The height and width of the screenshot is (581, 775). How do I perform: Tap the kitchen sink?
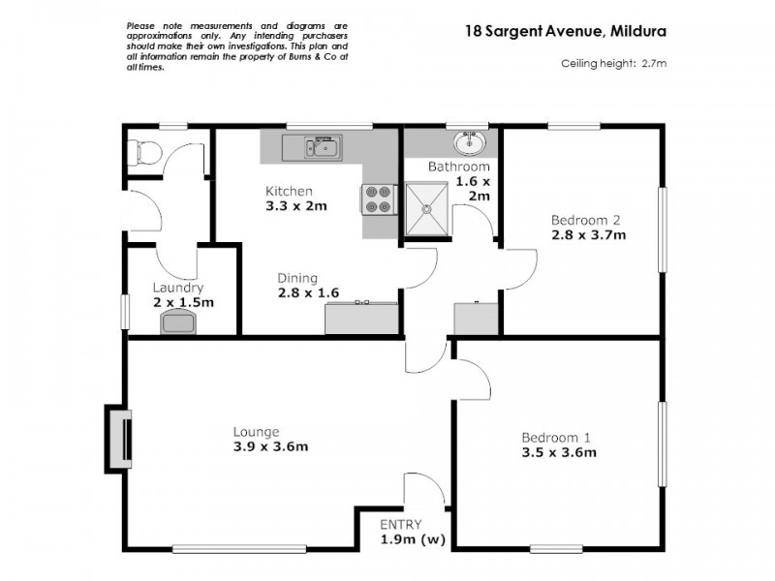pyautogui.click(x=321, y=147)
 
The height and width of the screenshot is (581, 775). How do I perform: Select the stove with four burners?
pyautogui.click(x=377, y=199)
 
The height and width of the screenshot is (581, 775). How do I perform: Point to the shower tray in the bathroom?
pyautogui.click(x=427, y=207)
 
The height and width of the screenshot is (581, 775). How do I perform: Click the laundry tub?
pyautogui.click(x=178, y=322)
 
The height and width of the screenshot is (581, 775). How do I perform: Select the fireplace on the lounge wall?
pyautogui.click(x=119, y=438)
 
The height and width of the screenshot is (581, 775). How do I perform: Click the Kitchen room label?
pyautogui.click(x=290, y=191)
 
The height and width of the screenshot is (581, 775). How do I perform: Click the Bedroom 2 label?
pyautogui.click(x=585, y=219)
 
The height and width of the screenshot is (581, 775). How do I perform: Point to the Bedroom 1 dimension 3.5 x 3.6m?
pyautogui.click(x=558, y=451)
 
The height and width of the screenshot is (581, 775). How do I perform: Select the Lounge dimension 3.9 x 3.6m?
pyautogui.click(x=270, y=446)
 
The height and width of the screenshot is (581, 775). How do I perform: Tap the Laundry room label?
pyautogui.click(x=177, y=288)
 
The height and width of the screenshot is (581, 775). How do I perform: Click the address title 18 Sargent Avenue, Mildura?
pyautogui.click(x=565, y=30)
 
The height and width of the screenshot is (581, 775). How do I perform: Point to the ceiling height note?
pyautogui.click(x=614, y=64)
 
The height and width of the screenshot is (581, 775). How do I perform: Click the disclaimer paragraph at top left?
pyautogui.click(x=237, y=46)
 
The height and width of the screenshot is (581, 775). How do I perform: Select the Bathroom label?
pyautogui.click(x=459, y=167)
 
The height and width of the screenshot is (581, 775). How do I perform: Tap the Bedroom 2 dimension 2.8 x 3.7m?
pyautogui.click(x=588, y=234)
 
